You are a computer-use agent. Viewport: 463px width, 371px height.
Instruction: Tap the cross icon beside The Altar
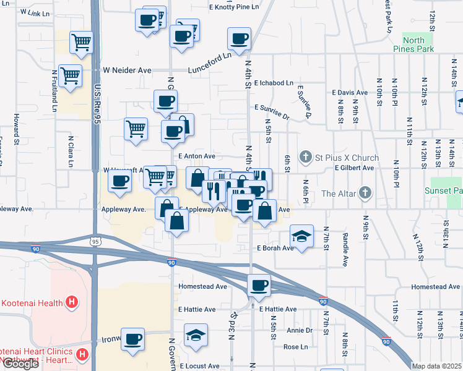click(x=365, y=193)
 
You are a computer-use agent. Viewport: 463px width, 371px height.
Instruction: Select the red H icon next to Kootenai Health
click(x=72, y=303)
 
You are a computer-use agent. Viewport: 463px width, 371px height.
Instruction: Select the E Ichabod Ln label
click(x=273, y=82)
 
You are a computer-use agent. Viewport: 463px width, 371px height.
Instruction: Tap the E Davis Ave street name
click(x=350, y=92)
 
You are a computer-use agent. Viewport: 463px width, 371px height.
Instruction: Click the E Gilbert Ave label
click(x=354, y=168)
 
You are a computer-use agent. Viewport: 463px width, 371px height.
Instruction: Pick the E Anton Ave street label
click(x=196, y=156)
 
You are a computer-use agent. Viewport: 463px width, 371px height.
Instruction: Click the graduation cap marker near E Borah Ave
click(x=301, y=237)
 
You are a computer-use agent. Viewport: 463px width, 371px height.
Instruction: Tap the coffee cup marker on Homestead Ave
click(x=259, y=285)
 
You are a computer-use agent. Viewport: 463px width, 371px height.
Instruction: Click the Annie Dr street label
click(x=300, y=330)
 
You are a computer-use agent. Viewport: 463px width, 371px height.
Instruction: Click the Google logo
click(x=20, y=364)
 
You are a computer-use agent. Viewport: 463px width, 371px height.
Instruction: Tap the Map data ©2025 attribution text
click(x=437, y=366)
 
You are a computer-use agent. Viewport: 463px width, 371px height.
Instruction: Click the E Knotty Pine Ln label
click(x=233, y=7)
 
